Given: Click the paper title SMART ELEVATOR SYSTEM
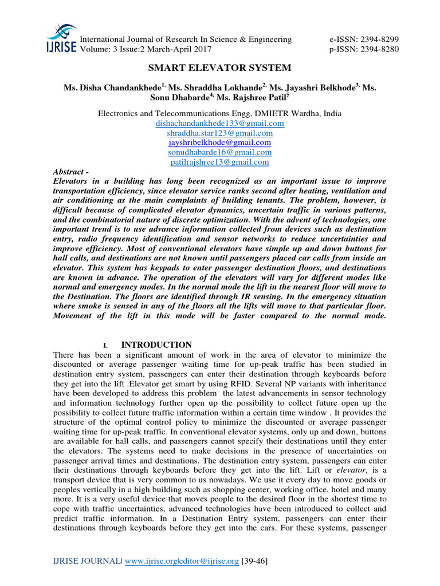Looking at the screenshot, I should pyautogui.click(x=220, y=68).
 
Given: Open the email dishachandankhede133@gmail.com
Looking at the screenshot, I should pyautogui.click(x=220, y=124).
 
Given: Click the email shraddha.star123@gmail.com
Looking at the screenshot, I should pyautogui.click(x=220, y=133).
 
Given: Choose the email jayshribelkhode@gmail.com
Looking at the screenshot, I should pyautogui.click(x=220, y=142).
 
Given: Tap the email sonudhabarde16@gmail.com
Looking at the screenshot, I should pyautogui.click(x=220, y=152).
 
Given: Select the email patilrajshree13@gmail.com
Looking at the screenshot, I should pyautogui.click(x=220, y=162).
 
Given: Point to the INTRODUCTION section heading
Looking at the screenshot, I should pyautogui.click(x=156, y=345).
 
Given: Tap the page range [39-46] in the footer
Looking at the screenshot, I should pyautogui.click(x=253, y=562).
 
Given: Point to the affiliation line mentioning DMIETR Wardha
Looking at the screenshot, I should pyautogui.click(x=220, y=114).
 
